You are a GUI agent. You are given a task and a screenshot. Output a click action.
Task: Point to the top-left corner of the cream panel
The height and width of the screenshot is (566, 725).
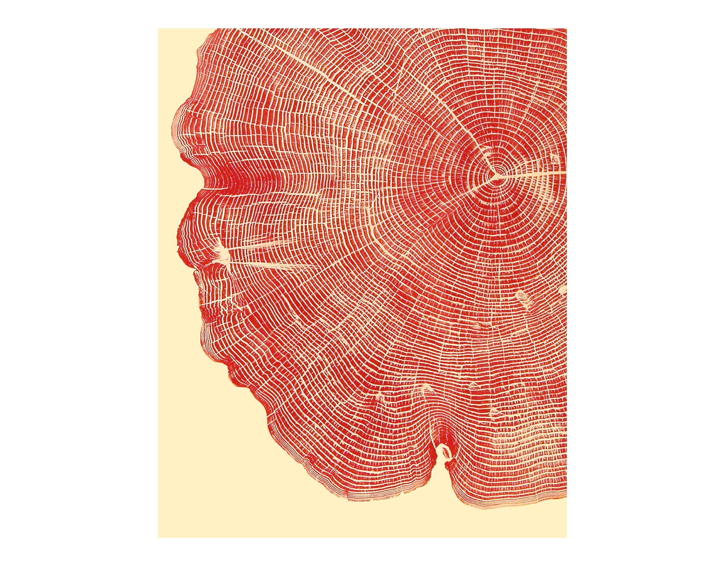(158, 29)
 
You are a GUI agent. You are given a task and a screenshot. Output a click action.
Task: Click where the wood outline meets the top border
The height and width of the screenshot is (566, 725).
(214, 29)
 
